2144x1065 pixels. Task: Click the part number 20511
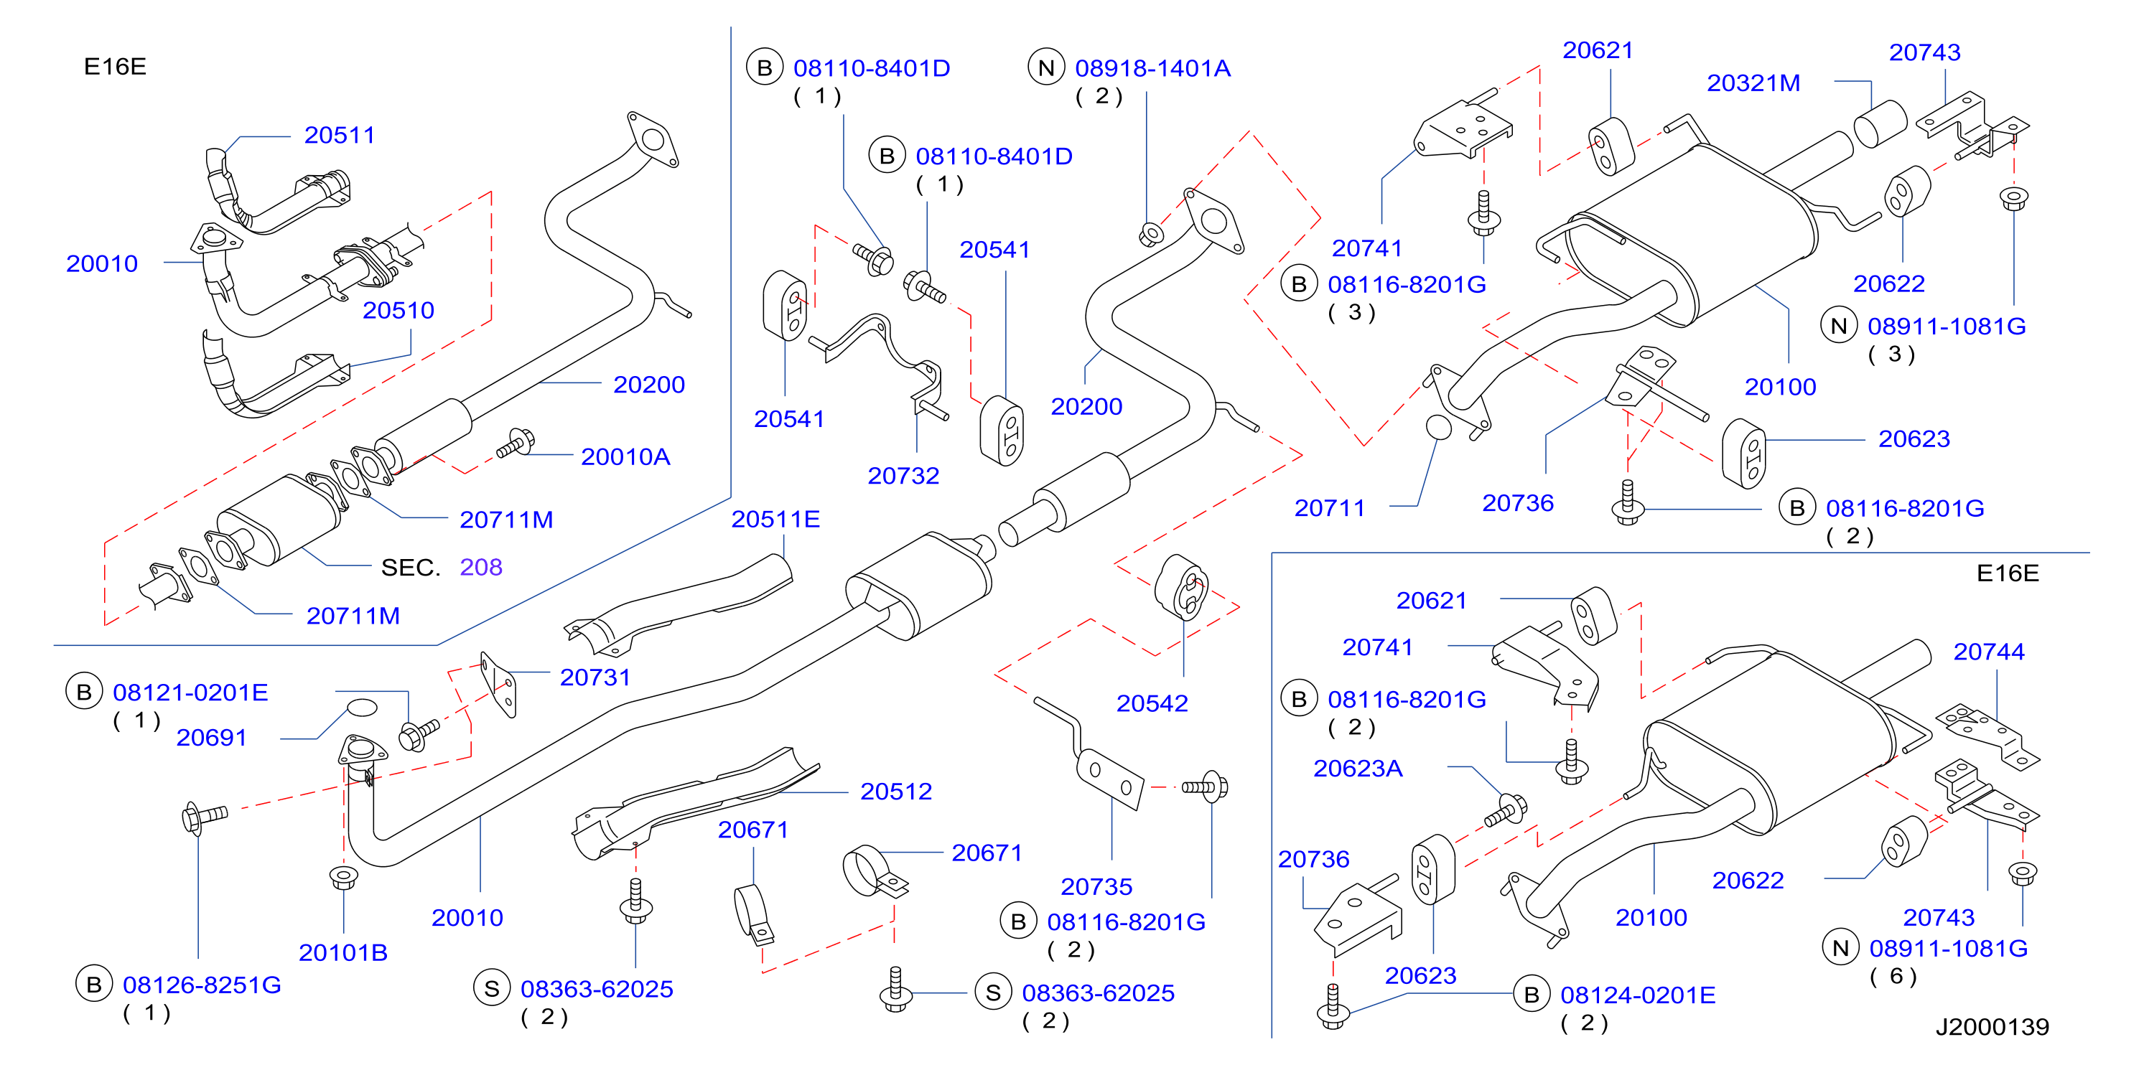pos(340,135)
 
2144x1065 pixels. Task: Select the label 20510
pos(398,310)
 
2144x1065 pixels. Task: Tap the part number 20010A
pos(625,456)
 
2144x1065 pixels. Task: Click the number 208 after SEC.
pos(481,568)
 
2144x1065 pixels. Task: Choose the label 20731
pos(595,677)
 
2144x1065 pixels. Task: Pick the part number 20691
pos(211,738)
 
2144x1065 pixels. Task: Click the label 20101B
pos(343,952)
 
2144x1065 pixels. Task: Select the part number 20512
pos(895,792)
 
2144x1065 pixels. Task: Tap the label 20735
pos(1096,887)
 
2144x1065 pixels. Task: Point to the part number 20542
pos(1152,704)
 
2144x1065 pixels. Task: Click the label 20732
pos(903,476)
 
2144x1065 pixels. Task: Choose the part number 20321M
pos(1753,83)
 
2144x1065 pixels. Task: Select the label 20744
pos(1988,652)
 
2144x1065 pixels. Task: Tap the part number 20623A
pos(1358,769)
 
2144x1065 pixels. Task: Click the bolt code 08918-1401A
pos(1152,68)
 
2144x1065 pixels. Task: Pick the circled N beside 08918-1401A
pos(1046,67)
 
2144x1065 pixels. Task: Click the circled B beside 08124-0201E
pos(1532,995)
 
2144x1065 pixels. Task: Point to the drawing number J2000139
pos(1992,1028)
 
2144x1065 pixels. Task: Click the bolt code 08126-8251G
pos(202,985)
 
